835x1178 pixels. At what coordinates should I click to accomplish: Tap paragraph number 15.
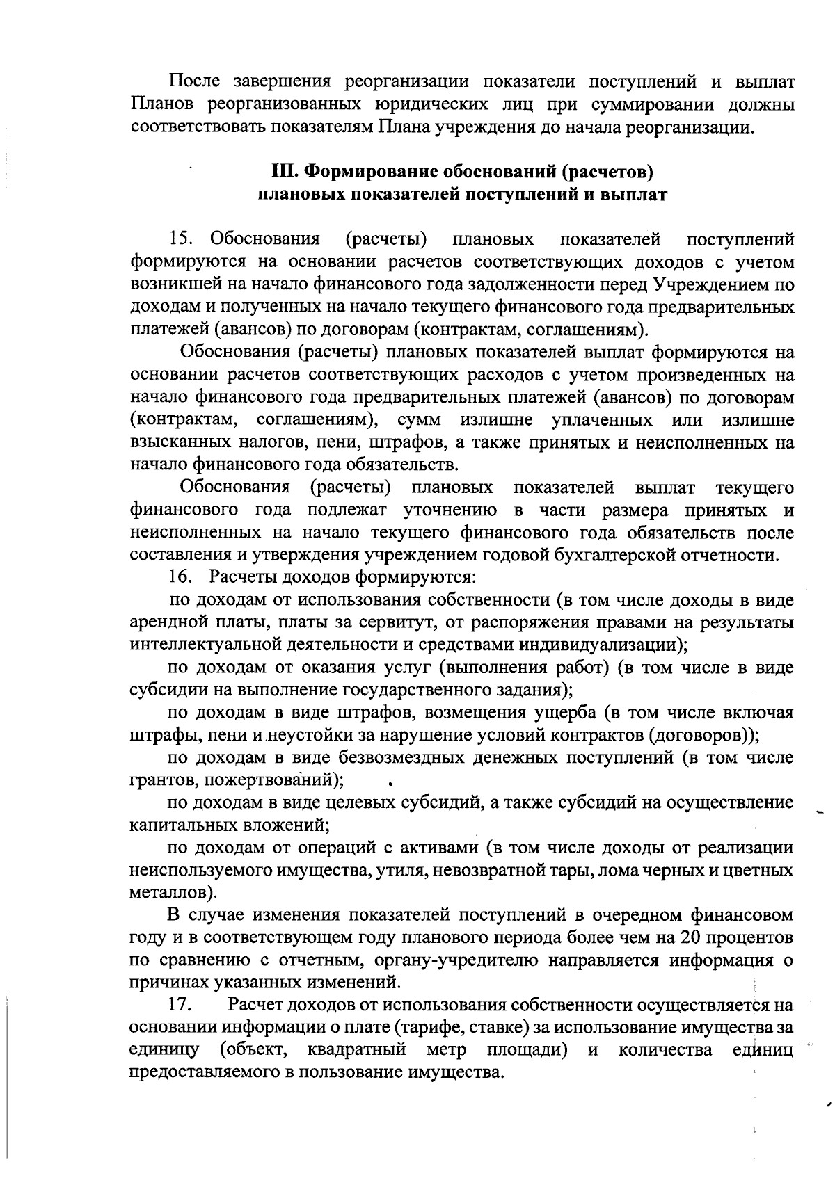point(182,240)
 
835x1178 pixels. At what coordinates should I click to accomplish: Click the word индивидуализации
point(604,644)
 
